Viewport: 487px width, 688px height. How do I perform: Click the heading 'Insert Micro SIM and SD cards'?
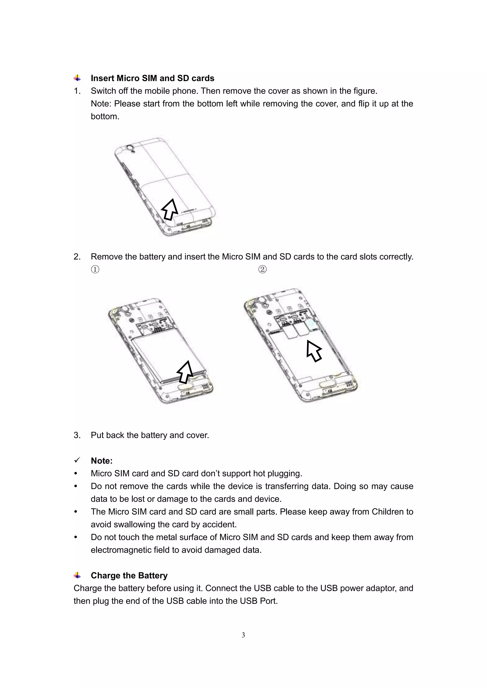click(x=152, y=78)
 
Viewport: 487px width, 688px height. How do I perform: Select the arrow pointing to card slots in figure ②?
click(x=314, y=351)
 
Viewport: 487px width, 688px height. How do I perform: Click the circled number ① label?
click(x=95, y=269)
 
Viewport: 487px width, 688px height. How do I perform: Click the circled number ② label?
click(x=262, y=269)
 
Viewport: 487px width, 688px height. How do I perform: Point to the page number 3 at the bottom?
click(x=243, y=635)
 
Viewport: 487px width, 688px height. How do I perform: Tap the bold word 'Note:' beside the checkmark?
click(x=102, y=461)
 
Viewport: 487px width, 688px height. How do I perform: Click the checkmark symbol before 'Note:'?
click(x=77, y=460)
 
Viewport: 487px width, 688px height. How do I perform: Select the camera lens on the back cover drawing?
click(x=130, y=148)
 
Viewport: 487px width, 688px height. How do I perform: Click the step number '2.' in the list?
click(x=77, y=257)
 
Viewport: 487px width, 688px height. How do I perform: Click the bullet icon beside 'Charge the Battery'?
click(x=77, y=575)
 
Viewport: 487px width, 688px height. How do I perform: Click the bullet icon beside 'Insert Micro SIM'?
click(x=77, y=78)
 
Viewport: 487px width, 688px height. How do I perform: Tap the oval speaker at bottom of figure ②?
click(x=326, y=384)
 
